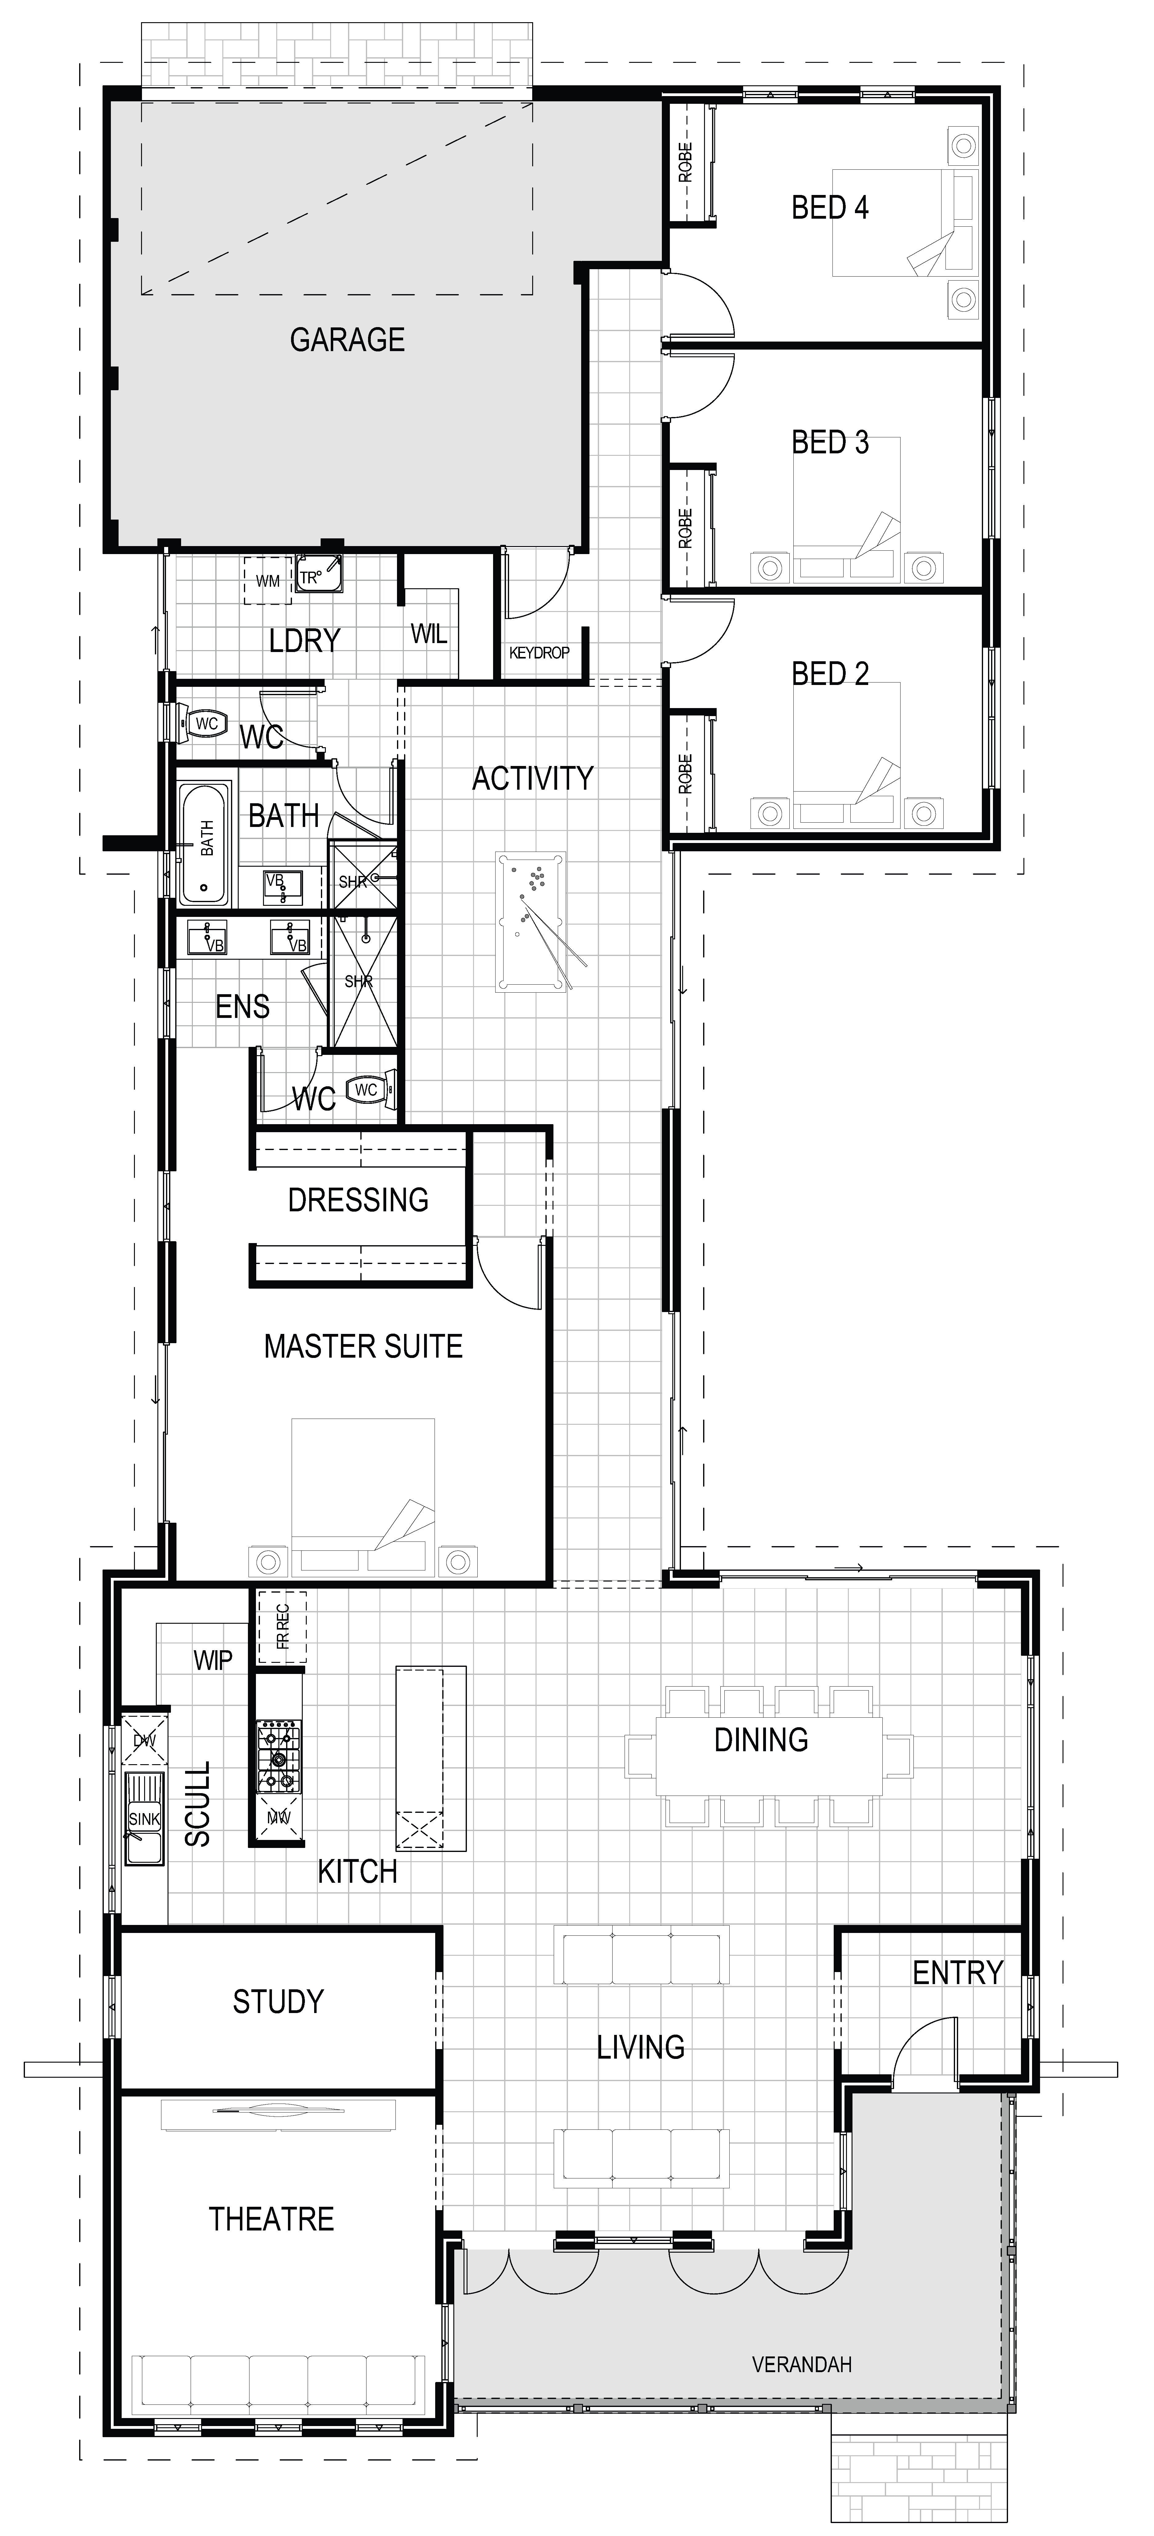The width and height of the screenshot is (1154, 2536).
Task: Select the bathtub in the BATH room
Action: pos(205,844)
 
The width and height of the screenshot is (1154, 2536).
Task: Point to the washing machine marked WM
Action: pos(268,581)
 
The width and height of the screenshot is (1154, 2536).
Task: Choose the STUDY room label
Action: pos(278,2001)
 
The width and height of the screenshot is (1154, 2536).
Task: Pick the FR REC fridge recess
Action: pos(281,1626)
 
